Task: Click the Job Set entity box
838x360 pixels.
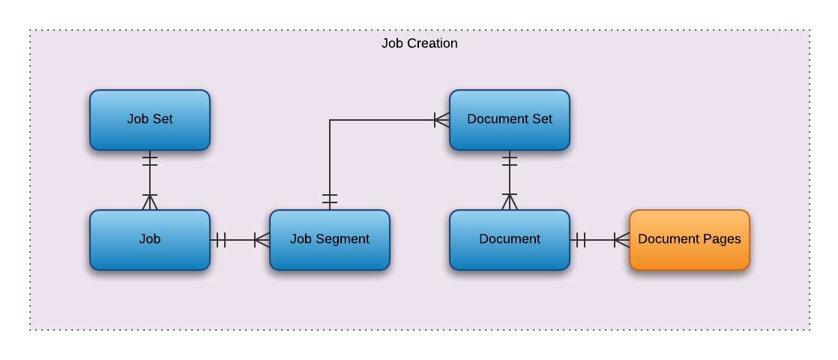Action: [x=150, y=120]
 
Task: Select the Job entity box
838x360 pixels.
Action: [x=150, y=240]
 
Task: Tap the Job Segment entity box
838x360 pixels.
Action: [x=330, y=240]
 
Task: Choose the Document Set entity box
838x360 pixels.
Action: [x=510, y=120]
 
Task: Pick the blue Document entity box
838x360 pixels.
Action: [x=510, y=240]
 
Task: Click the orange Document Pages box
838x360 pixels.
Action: [x=690, y=240]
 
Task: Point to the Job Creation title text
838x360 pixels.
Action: [x=419, y=43]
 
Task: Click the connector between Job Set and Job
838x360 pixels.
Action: [x=150, y=180]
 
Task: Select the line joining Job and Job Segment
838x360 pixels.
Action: [x=240, y=240]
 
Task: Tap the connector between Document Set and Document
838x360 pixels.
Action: [x=510, y=180]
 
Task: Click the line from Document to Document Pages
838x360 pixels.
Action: [x=600, y=240]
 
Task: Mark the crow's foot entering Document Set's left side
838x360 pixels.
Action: [x=441, y=120]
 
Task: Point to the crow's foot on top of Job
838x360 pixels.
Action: [x=150, y=202]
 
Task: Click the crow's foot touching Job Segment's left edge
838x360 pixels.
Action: [x=262, y=240]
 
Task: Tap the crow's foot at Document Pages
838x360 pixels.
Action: [x=621, y=240]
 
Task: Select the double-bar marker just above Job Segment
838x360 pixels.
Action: [x=330, y=199]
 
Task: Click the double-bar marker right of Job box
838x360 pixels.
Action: [x=220, y=240]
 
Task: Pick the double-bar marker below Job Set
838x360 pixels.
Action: [x=150, y=160]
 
